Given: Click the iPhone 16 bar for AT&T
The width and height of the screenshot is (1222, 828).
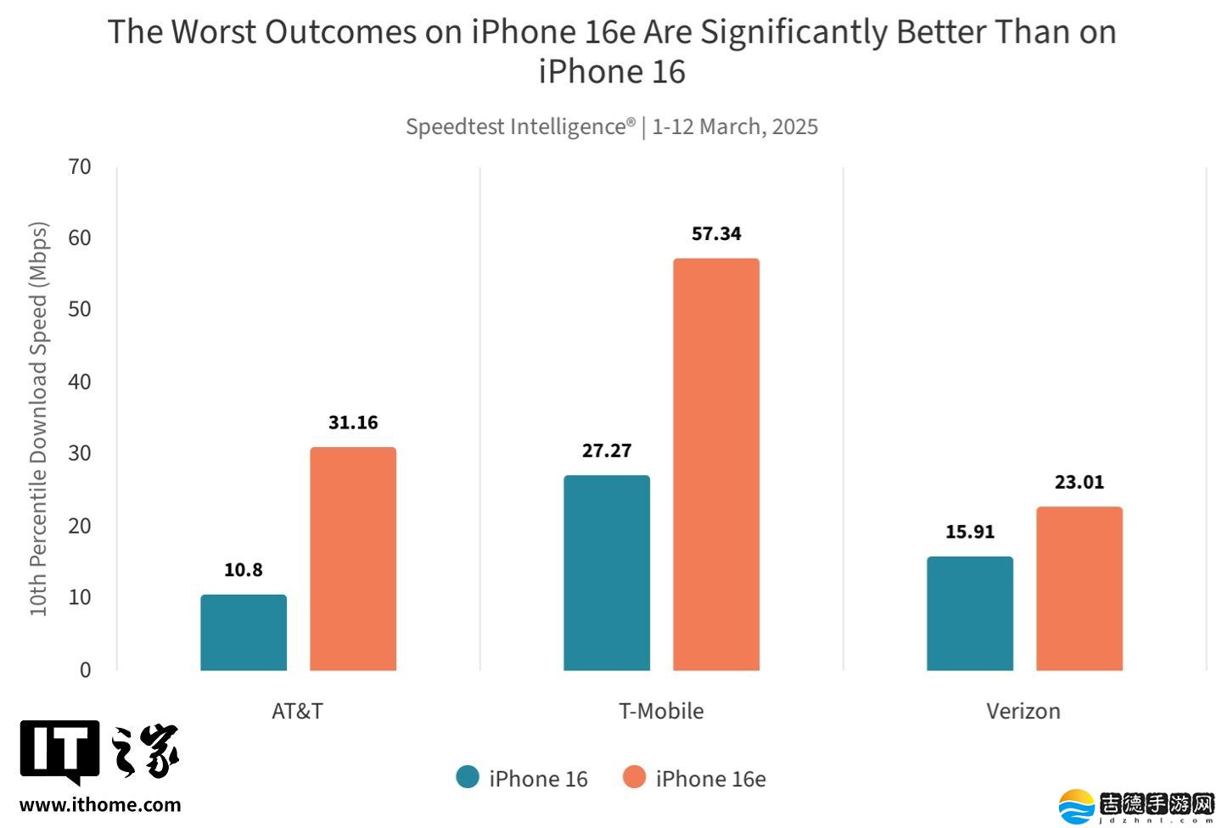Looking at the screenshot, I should [244, 633].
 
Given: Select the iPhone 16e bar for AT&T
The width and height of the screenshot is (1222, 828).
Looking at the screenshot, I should [353, 559].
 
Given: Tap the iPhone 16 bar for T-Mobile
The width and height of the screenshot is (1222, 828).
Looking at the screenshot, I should [607, 573].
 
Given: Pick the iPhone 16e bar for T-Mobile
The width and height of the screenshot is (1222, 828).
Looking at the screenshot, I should [716, 465].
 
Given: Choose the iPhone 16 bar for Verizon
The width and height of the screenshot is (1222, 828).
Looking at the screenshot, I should [970, 613].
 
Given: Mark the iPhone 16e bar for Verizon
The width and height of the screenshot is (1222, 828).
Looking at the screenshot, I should [1079, 589].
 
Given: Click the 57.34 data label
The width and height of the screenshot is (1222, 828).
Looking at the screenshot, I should [716, 233].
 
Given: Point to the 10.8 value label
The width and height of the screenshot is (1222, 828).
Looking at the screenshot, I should [244, 570].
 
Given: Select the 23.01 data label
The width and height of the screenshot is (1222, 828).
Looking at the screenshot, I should [1079, 482].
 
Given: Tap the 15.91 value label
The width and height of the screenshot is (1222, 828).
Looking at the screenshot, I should [970, 532].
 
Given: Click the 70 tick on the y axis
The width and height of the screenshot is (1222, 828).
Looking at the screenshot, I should [80, 166].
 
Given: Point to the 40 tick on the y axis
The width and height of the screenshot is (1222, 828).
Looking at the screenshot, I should [80, 382].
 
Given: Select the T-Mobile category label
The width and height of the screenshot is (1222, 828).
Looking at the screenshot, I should [661, 711].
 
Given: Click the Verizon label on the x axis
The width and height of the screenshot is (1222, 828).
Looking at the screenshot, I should [1023, 711].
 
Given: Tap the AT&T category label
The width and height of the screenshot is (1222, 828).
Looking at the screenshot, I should [297, 711].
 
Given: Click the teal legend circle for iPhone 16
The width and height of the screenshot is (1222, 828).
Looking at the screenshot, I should [468, 777].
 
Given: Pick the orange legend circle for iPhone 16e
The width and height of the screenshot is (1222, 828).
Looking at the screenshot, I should [634, 777].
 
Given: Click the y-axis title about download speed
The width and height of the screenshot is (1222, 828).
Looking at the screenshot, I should [39, 419].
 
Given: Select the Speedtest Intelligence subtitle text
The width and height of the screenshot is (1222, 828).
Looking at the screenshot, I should [612, 126].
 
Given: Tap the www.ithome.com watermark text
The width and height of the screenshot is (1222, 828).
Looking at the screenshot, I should [100, 805].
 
